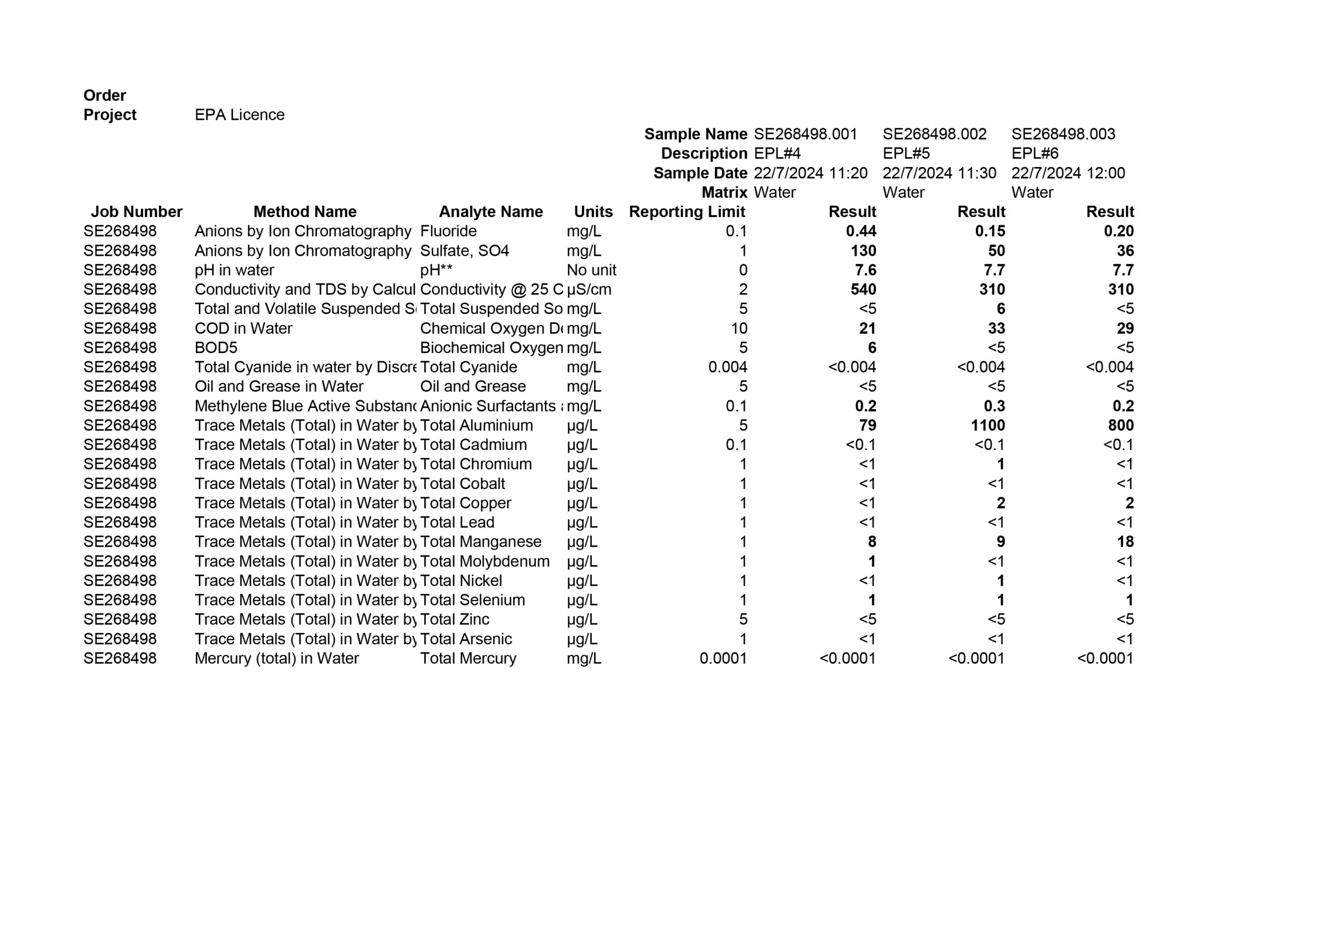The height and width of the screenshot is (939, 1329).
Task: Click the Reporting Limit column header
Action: (x=686, y=212)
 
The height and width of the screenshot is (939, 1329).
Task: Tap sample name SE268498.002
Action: (x=934, y=134)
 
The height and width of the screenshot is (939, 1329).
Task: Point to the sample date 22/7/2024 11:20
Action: (x=810, y=173)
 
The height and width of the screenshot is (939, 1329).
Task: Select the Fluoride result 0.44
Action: (x=861, y=232)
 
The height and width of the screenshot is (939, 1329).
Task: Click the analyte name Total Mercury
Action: (x=468, y=658)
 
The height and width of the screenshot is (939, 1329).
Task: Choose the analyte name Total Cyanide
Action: (x=468, y=367)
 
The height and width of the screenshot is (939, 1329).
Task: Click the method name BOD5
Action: (x=216, y=348)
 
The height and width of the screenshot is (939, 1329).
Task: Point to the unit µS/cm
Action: (x=589, y=290)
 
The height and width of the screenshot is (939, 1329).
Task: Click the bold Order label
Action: (x=104, y=96)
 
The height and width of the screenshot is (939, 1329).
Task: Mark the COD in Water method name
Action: (x=243, y=328)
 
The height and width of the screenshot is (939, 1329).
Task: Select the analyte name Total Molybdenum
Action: (x=484, y=562)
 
